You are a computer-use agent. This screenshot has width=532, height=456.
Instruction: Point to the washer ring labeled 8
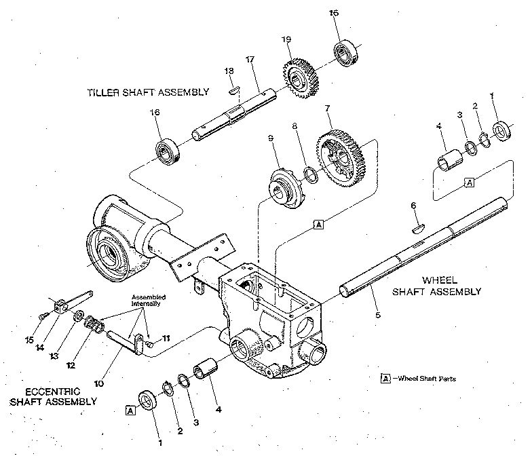[312, 176]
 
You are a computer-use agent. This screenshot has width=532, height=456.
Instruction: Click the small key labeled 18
[233, 88]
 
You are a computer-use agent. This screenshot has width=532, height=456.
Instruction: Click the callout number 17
[249, 60]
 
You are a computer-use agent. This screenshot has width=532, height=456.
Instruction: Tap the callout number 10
[99, 383]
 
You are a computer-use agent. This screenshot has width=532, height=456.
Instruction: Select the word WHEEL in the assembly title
[440, 279]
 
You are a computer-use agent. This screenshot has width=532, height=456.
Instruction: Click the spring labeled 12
[93, 325]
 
